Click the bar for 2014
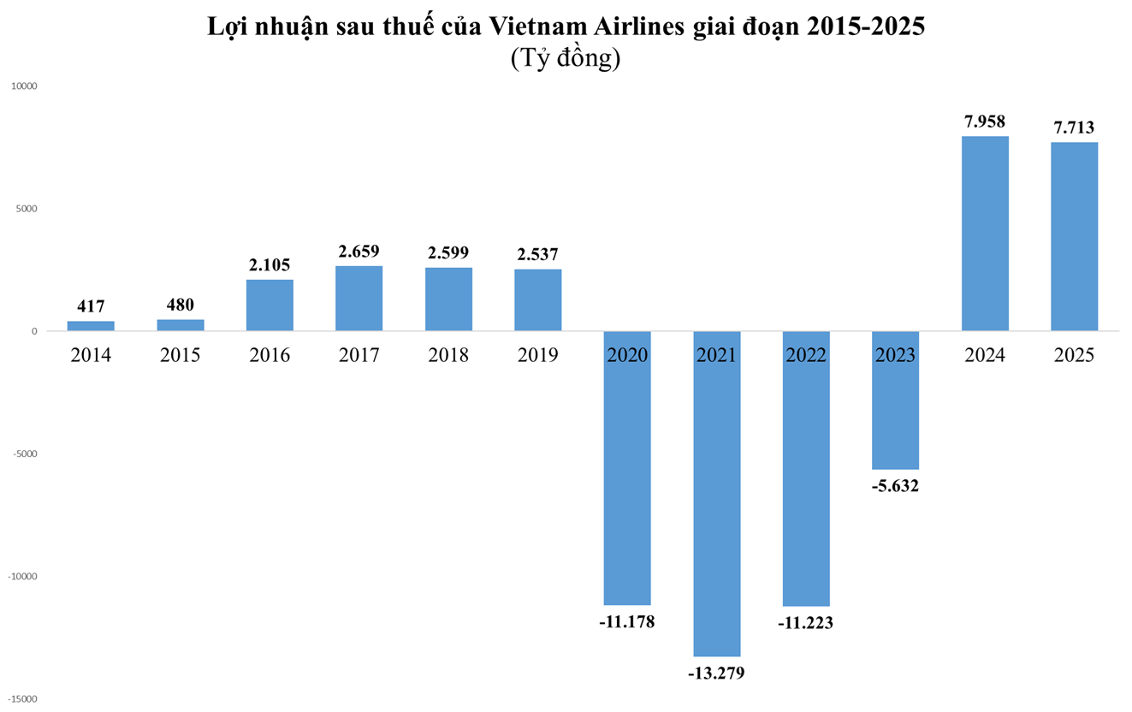[x=91, y=326]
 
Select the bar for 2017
[x=359, y=299]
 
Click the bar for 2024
[x=985, y=234]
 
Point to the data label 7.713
[x=1074, y=128]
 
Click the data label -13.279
[x=716, y=673]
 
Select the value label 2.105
[x=270, y=265]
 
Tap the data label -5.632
[x=895, y=486]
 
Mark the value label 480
[x=180, y=305]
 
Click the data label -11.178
[x=627, y=621]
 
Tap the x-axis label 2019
[x=537, y=355]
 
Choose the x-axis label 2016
[x=270, y=355]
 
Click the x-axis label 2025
[x=1074, y=355]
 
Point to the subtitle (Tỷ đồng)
[x=565, y=58]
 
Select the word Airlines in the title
[x=641, y=27]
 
